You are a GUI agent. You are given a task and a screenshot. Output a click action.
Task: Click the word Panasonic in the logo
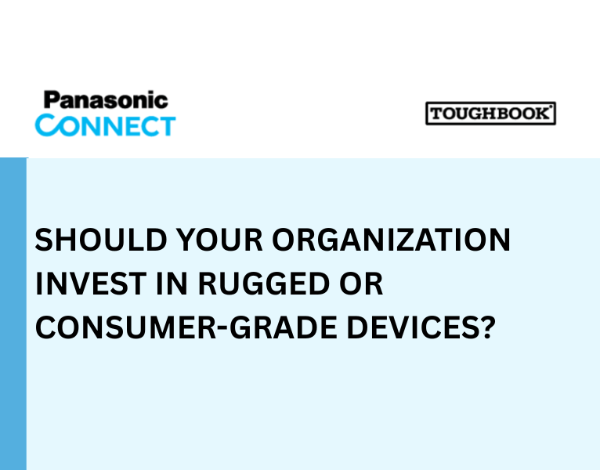105,100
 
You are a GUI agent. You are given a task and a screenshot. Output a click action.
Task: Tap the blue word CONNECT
105,125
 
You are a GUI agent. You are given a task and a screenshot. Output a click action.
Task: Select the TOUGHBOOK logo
490,114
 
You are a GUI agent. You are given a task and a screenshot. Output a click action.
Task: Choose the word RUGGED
258,284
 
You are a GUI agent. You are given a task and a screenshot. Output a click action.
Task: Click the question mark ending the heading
487,327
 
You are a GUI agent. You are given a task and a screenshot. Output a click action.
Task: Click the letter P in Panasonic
51,100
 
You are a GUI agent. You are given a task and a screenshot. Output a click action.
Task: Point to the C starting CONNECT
46,125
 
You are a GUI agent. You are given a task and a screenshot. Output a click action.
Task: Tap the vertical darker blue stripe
13,313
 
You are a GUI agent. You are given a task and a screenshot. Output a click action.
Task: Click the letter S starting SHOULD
44,240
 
